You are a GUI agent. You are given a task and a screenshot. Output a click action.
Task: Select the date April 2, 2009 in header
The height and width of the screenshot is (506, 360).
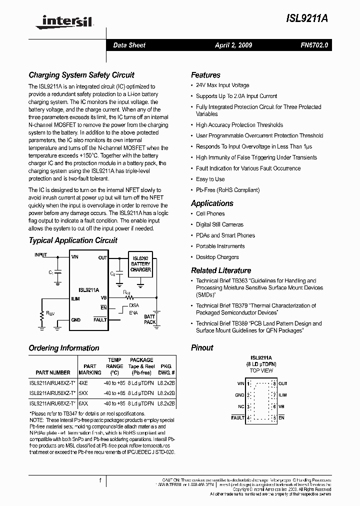[x=233, y=45]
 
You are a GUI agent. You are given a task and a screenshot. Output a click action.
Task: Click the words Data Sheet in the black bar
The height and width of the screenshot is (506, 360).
[x=129, y=45]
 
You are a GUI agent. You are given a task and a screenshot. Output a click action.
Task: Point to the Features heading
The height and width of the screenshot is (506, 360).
[x=205, y=75]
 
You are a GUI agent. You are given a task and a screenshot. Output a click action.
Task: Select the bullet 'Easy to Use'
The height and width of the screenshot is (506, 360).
[x=210, y=179]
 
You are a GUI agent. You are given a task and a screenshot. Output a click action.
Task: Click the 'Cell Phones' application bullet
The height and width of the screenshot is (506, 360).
[x=210, y=213]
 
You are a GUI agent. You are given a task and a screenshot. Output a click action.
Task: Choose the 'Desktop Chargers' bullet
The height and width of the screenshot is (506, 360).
[x=217, y=257]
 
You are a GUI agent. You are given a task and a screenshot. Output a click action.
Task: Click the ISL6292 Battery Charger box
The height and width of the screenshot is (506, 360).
[x=140, y=263]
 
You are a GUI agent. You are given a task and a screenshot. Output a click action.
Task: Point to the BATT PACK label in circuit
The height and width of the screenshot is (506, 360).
[x=150, y=319]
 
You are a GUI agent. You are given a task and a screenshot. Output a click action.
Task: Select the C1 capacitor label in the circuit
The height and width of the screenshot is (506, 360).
[x=50, y=272]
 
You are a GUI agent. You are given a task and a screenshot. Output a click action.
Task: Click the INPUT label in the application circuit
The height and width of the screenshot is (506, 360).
[x=41, y=255]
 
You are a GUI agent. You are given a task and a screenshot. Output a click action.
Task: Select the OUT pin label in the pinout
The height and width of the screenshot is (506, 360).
[x=283, y=383]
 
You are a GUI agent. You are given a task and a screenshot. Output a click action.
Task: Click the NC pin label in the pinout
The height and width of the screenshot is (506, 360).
[x=241, y=406]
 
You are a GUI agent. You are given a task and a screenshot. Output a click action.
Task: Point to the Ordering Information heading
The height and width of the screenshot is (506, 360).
[x=64, y=348]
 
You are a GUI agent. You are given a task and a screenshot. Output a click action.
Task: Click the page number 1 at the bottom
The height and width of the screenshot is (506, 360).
[x=100, y=480]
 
